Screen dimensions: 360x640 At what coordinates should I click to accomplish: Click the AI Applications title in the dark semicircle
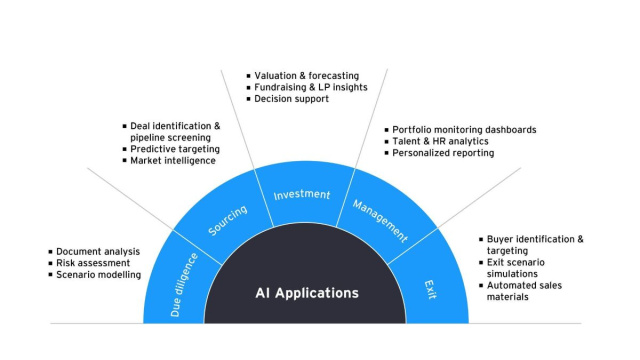coord(306,294)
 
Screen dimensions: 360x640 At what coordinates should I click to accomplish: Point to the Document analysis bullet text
coord(98,251)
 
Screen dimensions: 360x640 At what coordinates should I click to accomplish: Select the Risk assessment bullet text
coord(93,263)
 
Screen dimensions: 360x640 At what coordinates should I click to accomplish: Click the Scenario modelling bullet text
coord(98,275)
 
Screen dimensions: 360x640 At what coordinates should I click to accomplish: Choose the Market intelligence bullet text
coord(173,161)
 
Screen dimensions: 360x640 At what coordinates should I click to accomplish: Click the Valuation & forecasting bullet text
coord(306,75)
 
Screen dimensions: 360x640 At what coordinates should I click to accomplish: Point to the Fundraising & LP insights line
coord(310,87)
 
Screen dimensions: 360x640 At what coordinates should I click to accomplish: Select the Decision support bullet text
coord(296,99)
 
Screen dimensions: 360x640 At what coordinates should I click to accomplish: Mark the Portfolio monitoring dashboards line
coord(464,129)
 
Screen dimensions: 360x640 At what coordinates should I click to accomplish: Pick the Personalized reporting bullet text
coord(443,153)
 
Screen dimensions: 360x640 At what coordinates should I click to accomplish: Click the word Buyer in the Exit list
coord(503,239)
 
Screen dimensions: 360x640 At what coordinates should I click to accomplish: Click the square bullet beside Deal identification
coord(124,126)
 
